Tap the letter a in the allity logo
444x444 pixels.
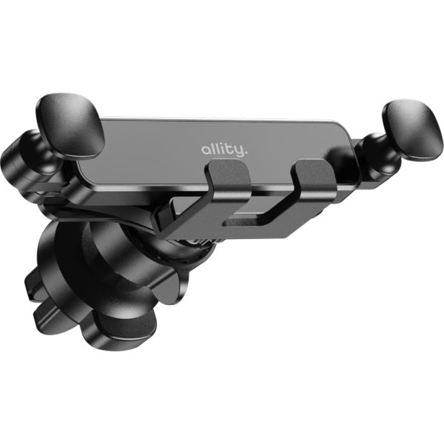tap(205, 150)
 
